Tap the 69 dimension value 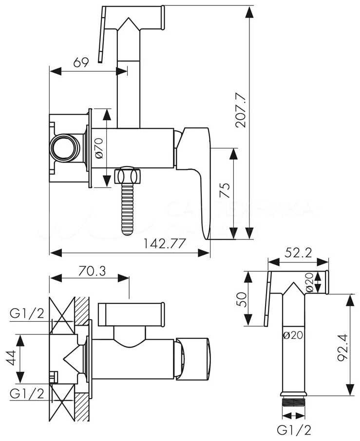(80, 62)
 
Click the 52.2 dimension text (298, 253)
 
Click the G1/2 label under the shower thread (294, 430)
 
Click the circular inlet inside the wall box (63, 146)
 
